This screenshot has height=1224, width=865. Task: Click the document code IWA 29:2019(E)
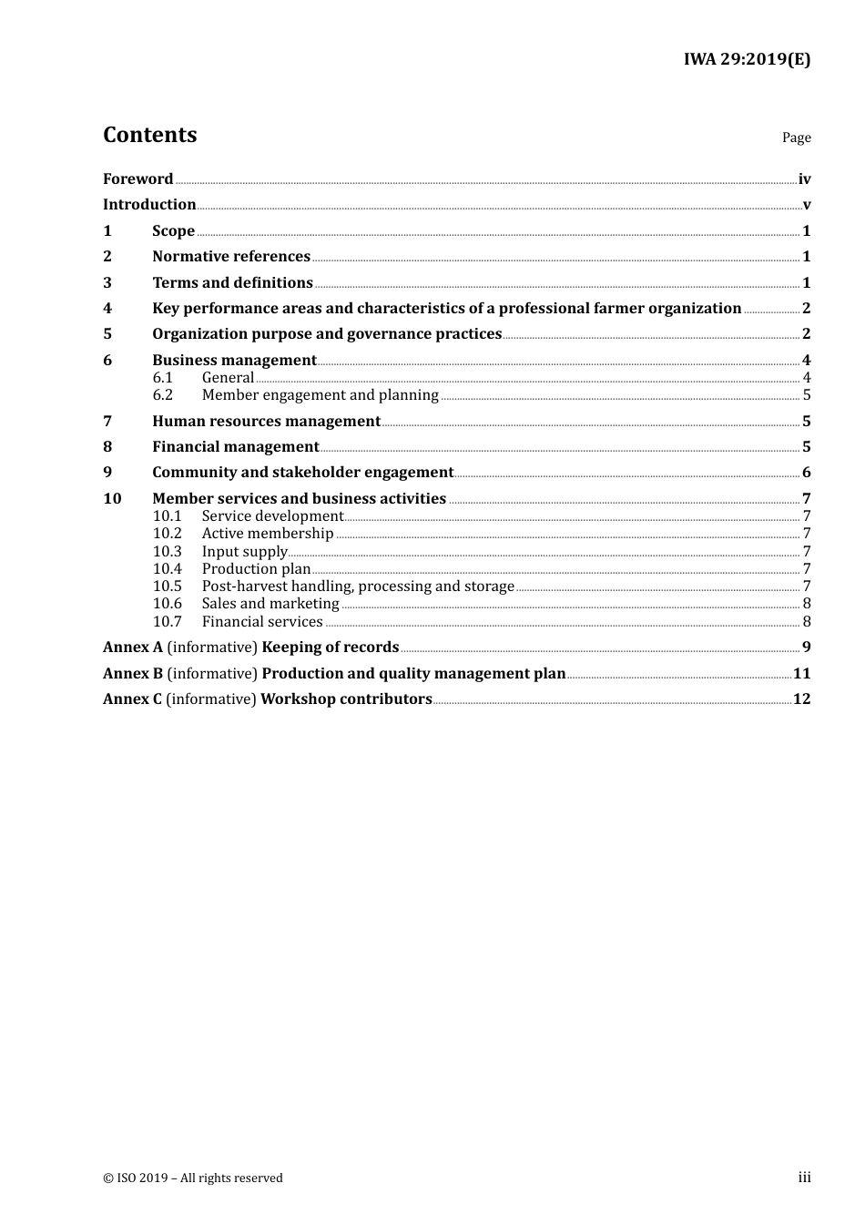pos(747,60)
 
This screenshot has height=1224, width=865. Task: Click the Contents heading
pos(149,135)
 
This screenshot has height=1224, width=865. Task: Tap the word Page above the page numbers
pos(796,138)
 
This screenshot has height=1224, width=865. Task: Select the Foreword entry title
pos(137,179)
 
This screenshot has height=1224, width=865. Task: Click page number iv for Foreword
pos(804,179)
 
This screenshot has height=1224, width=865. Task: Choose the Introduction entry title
pos(149,205)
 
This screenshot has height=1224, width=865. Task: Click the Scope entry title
pos(173,231)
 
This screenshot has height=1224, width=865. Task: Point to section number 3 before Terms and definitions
pos(107,283)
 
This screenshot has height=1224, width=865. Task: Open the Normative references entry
pos(231,257)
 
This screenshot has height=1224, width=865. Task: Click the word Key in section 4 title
pos(166,309)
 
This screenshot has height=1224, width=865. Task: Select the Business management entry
pos(234,361)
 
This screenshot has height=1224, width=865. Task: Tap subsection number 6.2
pos(163,395)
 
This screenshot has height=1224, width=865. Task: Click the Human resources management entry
pos(266,422)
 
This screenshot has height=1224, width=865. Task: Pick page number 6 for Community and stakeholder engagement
pos(806,473)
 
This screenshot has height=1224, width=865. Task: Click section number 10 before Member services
pos(112,499)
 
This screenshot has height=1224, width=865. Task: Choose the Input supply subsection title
pos(244,552)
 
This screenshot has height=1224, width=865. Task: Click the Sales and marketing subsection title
pos(270,604)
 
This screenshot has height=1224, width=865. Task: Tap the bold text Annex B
pos(133,674)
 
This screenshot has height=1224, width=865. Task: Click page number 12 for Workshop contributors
pos(801,699)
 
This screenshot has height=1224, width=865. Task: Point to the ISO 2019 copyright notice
pos(193,1178)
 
